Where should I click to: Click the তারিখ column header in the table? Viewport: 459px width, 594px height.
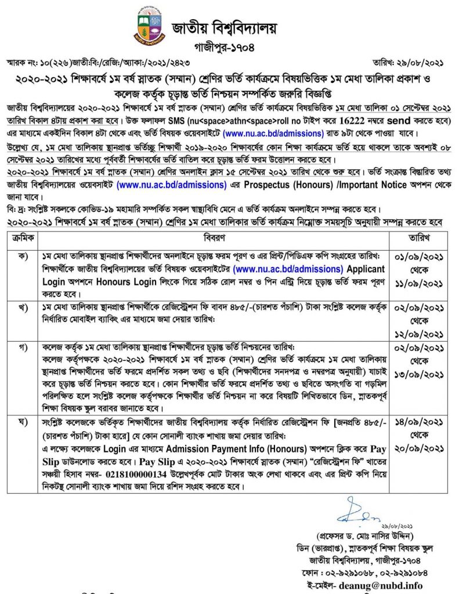point(420,237)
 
